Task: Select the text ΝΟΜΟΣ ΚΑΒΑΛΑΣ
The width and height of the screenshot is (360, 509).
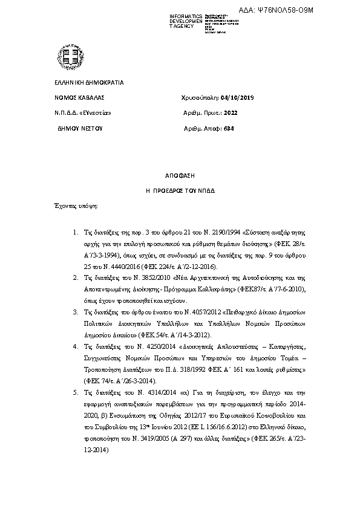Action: [x=71, y=97]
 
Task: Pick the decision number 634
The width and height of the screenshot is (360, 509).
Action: [x=227, y=128]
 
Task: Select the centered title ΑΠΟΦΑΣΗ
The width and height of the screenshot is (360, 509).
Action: [x=180, y=175]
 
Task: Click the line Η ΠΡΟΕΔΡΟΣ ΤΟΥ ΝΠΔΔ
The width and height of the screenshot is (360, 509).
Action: [x=180, y=190]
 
